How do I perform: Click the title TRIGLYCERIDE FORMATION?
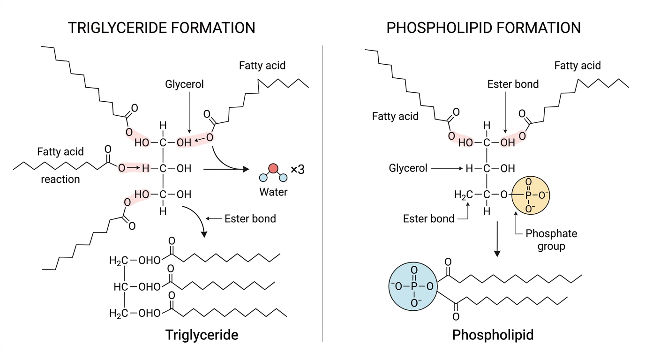162,28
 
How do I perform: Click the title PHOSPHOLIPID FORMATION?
483,28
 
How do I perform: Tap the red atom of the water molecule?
273,168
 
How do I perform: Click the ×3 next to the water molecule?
297,169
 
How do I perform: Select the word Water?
273,192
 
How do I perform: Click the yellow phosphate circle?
531,195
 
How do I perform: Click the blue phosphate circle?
413,286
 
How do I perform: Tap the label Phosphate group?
551,240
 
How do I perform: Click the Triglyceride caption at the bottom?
202,335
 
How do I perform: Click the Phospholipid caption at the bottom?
493,335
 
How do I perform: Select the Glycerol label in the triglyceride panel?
184,84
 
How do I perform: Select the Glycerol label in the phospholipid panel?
408,168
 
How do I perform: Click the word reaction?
60,179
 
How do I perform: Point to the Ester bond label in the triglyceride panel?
250,218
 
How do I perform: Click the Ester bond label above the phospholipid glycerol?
513,84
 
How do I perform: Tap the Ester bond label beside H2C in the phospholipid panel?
428,218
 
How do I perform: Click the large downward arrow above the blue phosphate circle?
497,239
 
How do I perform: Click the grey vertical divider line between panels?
322,193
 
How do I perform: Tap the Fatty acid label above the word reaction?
60,151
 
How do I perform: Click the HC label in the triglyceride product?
120,287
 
